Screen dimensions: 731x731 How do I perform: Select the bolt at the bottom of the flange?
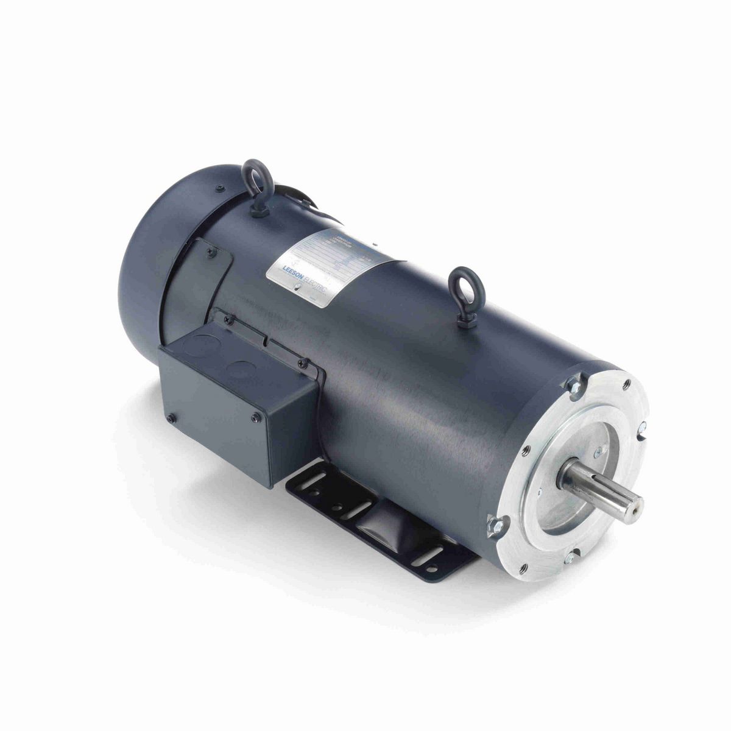point(569,556)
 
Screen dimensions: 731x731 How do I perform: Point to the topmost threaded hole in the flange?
point(627,386)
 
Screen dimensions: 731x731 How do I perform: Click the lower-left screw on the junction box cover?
point(171,418)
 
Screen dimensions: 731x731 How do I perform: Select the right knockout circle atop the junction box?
point(246,369)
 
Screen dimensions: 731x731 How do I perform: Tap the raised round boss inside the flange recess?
point(601,451)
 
